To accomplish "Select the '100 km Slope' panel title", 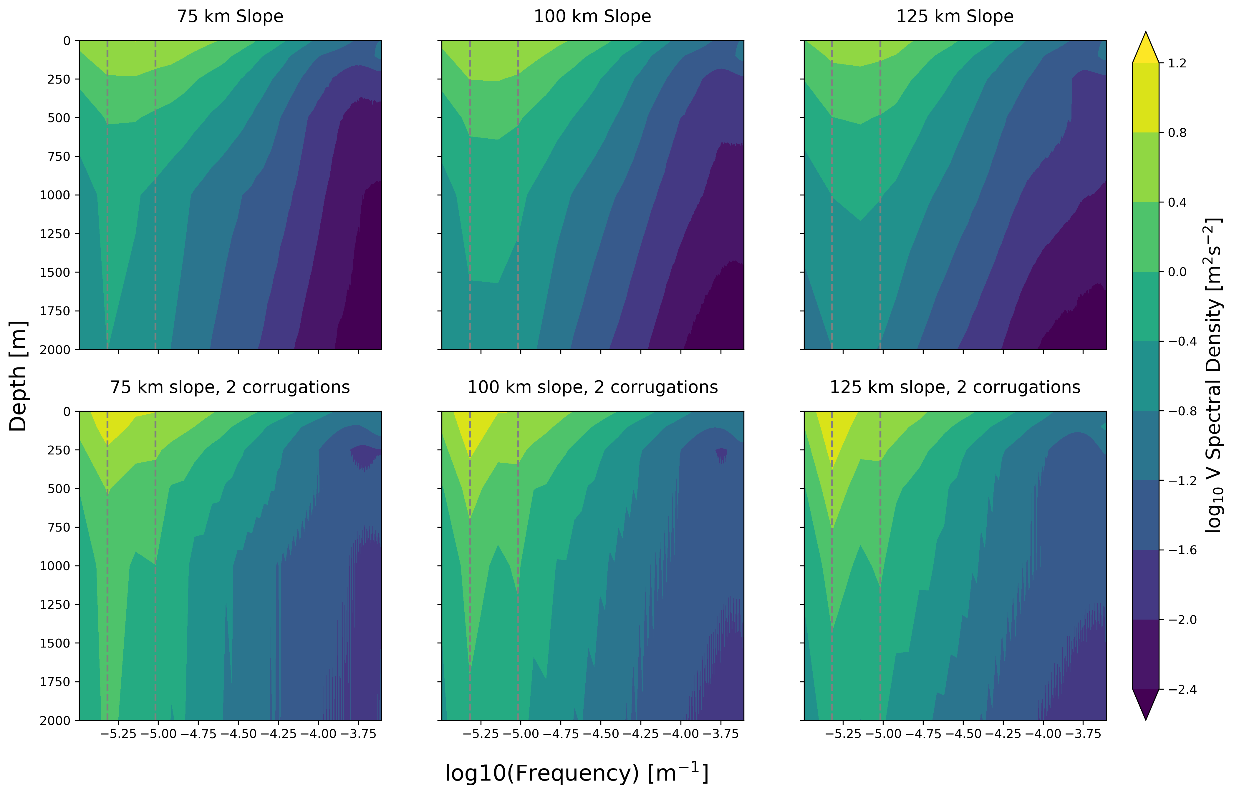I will point(592,16).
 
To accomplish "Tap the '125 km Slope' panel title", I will point(955,16).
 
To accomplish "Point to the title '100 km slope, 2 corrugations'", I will point(592,387).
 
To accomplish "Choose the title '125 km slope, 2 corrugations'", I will point(955,387).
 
